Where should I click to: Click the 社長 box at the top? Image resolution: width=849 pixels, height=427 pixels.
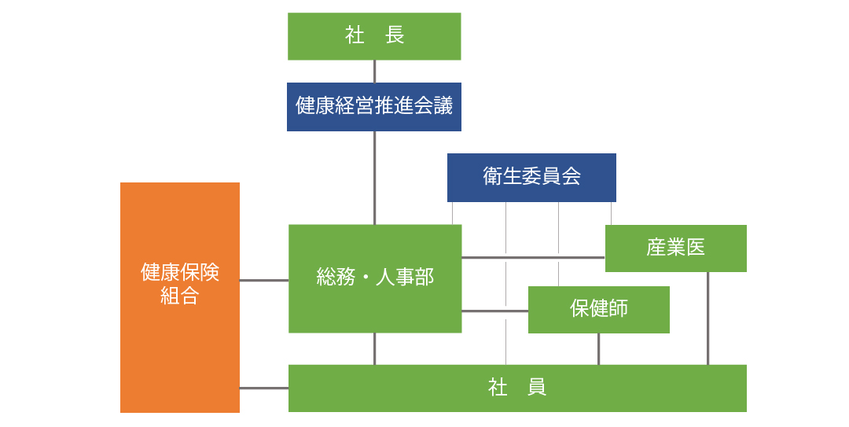(374, 36)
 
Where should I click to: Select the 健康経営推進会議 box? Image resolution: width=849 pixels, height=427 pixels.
(374, 107)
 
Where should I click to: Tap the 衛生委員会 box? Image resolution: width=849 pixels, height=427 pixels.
(531, 177)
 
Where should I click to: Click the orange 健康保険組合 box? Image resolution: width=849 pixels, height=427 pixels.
(180, 297)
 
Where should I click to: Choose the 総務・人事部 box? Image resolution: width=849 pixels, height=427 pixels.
(375, 278)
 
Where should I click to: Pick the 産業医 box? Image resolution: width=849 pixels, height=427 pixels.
(676, 248)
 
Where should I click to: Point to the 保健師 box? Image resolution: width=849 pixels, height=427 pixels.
(599, 309)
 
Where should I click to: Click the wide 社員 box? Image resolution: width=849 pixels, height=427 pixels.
(517, 388)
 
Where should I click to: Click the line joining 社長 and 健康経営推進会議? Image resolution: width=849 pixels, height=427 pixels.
(374, 72)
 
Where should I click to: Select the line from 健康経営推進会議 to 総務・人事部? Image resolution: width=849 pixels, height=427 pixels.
(374, 178)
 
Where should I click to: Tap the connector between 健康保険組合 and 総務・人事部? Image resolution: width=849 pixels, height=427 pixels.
(264, 280)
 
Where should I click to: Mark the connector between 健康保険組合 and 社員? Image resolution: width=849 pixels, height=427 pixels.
(264, 388)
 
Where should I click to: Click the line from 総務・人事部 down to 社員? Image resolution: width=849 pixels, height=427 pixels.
(374, 348)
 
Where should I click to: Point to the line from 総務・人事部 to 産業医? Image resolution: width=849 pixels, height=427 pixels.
(533, 257)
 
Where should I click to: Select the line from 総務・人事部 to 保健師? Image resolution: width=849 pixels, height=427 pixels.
(495, 311)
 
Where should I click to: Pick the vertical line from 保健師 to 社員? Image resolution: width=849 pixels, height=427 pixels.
(598, 348)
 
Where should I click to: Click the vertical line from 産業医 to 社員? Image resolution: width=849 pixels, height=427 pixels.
(707, 318)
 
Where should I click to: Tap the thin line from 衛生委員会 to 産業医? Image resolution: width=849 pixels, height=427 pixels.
(612, 213)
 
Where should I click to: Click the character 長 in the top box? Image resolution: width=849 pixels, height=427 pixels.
(395, 35)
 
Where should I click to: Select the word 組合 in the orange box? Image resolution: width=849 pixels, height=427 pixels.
(180, 296)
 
